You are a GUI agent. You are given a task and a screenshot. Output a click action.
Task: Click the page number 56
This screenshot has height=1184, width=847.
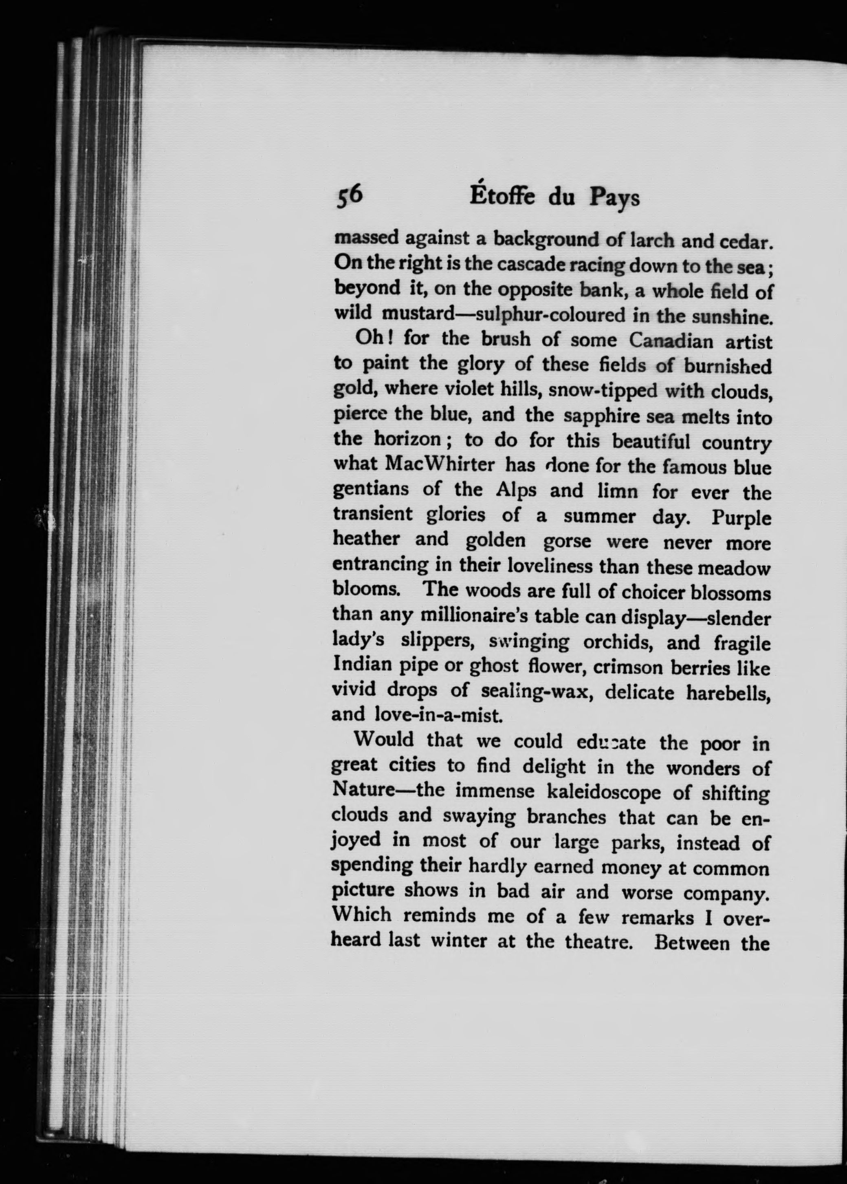click(349, 197)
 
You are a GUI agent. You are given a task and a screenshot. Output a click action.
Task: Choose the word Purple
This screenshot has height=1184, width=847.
click(741, 518)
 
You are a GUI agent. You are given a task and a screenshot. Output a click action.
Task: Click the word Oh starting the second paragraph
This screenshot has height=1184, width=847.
click(369, 339)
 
